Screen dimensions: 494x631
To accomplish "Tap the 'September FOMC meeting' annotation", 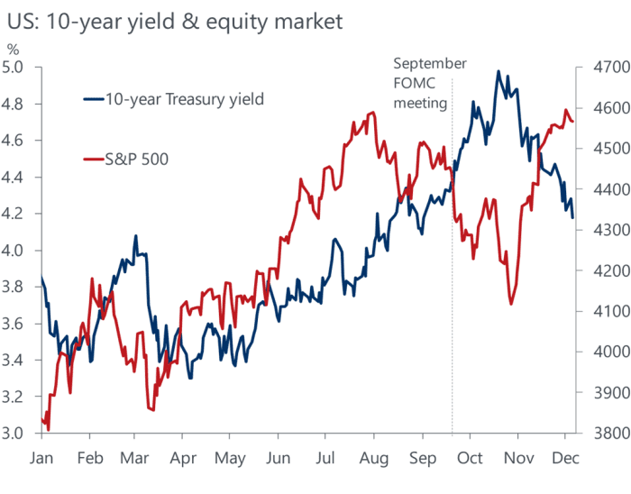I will click(430, 83).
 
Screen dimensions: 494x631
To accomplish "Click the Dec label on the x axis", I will click(565, 458).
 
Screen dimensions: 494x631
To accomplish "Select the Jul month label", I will click(327, 458).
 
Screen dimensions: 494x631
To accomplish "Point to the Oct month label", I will click(471, 458).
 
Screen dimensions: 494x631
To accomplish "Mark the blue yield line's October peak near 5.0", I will click(498, 71).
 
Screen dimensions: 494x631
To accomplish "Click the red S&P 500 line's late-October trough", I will click(511, 304).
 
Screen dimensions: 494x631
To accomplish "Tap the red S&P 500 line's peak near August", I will click(372, 113).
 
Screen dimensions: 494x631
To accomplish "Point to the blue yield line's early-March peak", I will click(135, 236).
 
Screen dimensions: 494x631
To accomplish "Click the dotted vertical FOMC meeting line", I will click(452, 270).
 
